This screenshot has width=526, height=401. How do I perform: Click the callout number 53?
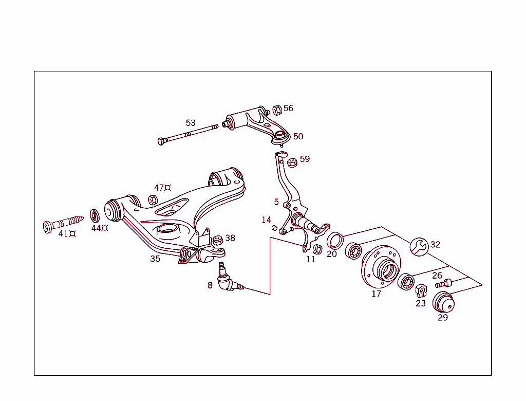(x=191, y=123)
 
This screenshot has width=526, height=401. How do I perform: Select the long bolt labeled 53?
(x=187, y=134)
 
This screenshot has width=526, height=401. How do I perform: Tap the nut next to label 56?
(x=276, y=110)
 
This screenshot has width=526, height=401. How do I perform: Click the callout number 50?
(x=298, y=136)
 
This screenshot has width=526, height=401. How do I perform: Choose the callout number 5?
(x=276, y=202)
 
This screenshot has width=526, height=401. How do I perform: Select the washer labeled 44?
(x=96, y=214)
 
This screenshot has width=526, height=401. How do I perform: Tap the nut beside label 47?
(x=153, y=200)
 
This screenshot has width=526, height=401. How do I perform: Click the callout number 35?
(x=155, y=259)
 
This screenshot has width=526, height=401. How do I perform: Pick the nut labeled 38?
(x=218, y=240)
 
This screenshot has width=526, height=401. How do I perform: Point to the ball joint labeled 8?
(x=226, y=280)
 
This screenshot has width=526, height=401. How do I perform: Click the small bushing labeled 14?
(x=274, y=228)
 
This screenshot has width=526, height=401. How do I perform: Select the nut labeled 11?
(x=317, y=249)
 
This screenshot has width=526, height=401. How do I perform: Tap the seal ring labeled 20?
(x=334, y=240)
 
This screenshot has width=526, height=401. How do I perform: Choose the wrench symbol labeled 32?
(x=419, y=246)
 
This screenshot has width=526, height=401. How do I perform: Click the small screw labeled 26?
(x=442, y=283)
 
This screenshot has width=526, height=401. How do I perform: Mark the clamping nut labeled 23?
(x=421, y=291)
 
